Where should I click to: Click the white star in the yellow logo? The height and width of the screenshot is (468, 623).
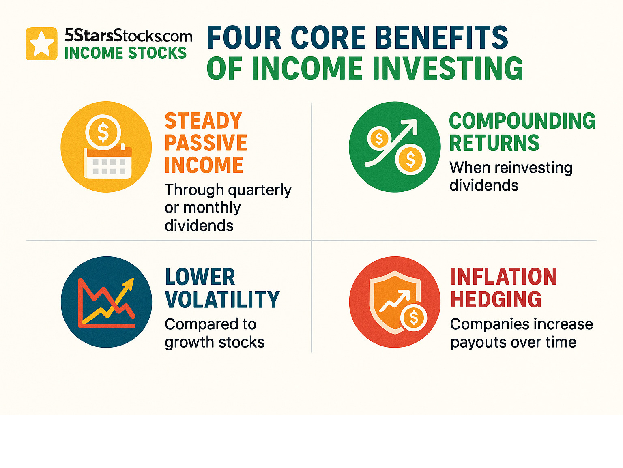pos(42,43)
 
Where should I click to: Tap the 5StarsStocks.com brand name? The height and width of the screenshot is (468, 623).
pos(129,35)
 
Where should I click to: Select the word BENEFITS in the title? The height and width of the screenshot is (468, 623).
pos(442,37)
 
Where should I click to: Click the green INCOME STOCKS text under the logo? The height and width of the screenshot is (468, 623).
pos(125,53)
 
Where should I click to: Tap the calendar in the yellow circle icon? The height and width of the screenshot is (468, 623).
pos(108,162)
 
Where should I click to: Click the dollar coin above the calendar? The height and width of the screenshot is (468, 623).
pos(103,132)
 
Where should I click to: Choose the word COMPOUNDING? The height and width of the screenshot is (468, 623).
pos(522,120)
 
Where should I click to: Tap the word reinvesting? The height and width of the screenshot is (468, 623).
pos(534,168)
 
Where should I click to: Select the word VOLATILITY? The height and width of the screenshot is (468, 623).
pos(222,299)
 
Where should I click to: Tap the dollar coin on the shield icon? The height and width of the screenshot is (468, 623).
pos(414,318)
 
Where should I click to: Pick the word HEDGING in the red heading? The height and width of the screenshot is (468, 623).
pos(496,299)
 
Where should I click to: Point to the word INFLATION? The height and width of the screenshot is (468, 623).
pos(504,277)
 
